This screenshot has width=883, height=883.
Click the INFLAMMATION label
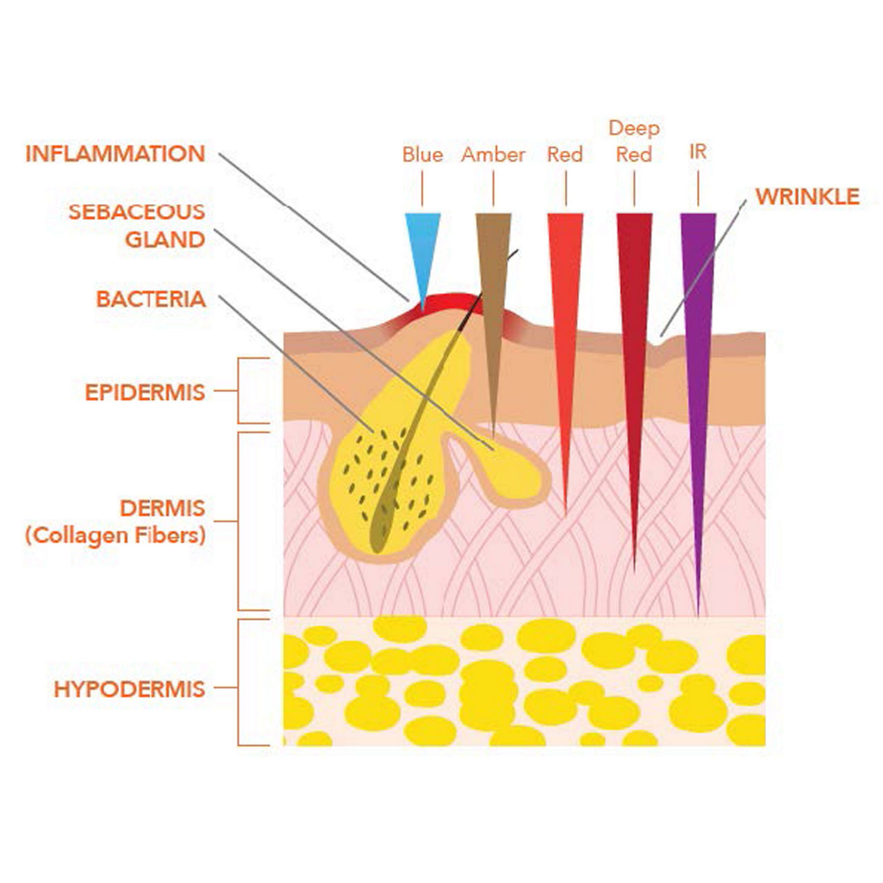[115, 154]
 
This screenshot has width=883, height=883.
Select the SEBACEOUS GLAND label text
[137, 226]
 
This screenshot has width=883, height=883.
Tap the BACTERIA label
[151, 299]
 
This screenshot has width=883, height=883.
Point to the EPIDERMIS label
[145, 392]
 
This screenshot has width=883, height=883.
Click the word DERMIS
[163, 508]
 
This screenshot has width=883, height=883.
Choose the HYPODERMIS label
[130, 689]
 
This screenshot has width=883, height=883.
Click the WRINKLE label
[807, 197]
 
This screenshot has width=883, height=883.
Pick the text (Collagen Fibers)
[115, 536]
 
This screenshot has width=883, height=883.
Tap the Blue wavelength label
[422, 155]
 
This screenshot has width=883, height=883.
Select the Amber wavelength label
[493, 155]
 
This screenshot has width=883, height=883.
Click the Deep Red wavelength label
[634, 141]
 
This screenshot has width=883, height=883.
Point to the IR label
[698, 152]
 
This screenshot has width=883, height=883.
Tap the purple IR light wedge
[698, 345]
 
